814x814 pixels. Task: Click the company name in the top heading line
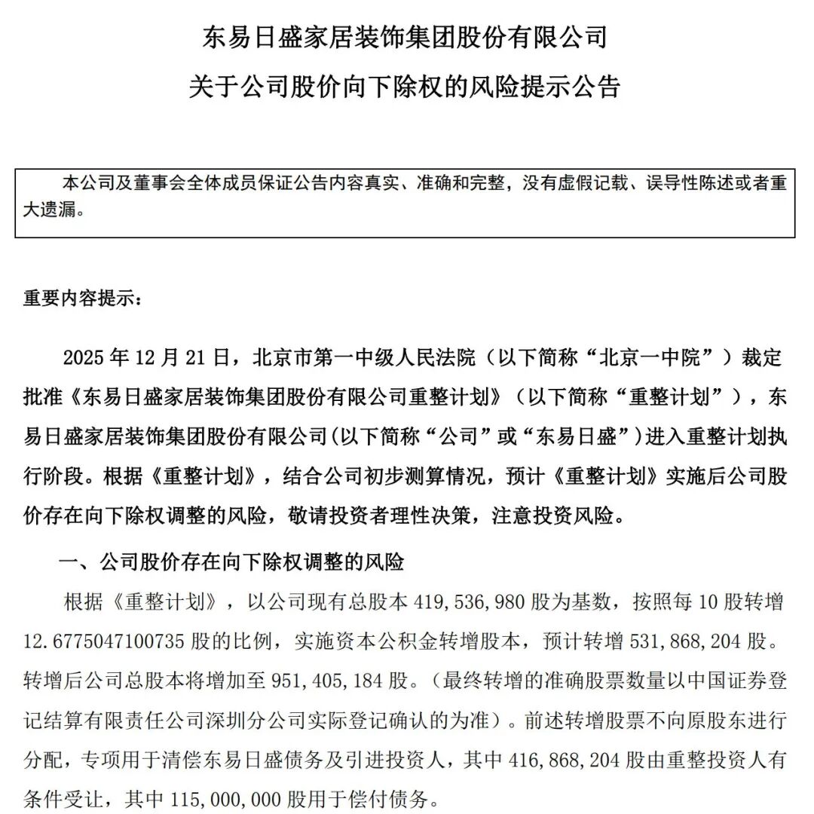tap(405, 37)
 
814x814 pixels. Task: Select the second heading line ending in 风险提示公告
tap(405, 87)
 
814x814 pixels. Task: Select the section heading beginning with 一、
tap(231, 562)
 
